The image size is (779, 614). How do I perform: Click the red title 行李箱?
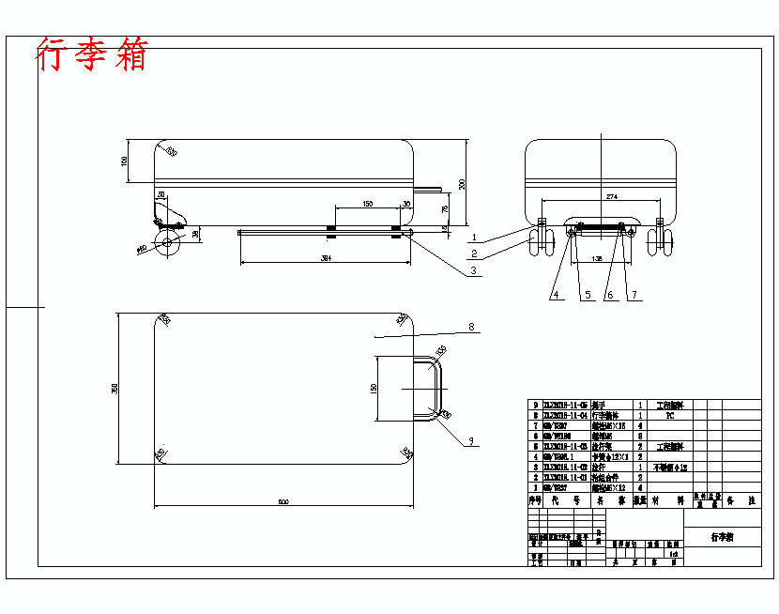(92, 54)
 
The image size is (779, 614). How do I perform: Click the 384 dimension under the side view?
(326, 257)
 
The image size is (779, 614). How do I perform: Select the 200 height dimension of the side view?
(462, 183)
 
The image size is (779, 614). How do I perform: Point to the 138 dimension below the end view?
(597, 255)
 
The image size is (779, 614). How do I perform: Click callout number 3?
(474, 271)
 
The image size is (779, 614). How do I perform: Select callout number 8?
(472, 328)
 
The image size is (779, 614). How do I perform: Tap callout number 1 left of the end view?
(476, 238)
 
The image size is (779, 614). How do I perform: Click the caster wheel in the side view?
(168, 243)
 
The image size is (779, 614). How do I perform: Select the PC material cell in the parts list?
(669, 414)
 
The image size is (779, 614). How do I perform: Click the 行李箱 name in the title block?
(722, 538)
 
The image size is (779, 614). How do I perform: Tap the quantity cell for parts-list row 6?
(639, 436)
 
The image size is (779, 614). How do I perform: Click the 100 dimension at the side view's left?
(125, 161)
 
